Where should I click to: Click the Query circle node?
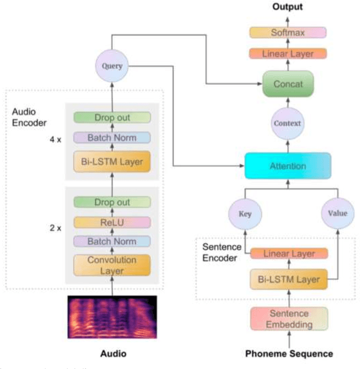click(x=111, y=66)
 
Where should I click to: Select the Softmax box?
click(x=288, y=33)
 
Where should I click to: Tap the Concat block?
click(x=288, y=84)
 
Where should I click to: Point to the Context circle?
click(x=287, y=123)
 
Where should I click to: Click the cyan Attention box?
click(x=287, y=166)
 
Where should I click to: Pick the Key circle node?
click(x=245, y=214)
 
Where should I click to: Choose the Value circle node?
click(x=337, y=214)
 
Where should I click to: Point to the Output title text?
click(x=287, y=7)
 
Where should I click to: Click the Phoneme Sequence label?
click(x=289, y=354)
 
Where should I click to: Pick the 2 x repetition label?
click(x=55, y=229)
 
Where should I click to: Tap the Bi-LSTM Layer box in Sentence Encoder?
click(x=289, y=279)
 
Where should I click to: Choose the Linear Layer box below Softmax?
click(x=288, y=53)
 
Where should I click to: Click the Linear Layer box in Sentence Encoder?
click(x=289, y=254)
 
